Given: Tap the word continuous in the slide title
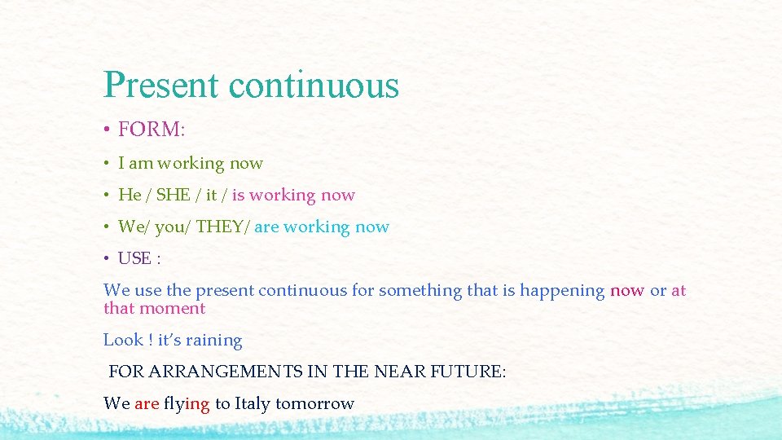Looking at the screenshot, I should [314, 86].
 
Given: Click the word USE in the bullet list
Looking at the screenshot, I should [135, 258].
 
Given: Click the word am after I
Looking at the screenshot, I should [141, 163].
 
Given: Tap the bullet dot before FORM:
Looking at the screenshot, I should [107, 130].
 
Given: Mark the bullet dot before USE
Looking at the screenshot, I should [107, 259].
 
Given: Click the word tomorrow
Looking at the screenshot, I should [314, 403].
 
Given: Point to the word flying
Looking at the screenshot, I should [187, 404].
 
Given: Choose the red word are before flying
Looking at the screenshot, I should [147, 403].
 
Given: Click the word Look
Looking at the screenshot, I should [123, 340].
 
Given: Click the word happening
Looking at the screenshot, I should [562, 291].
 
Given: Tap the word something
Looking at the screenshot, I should [420, 291].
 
